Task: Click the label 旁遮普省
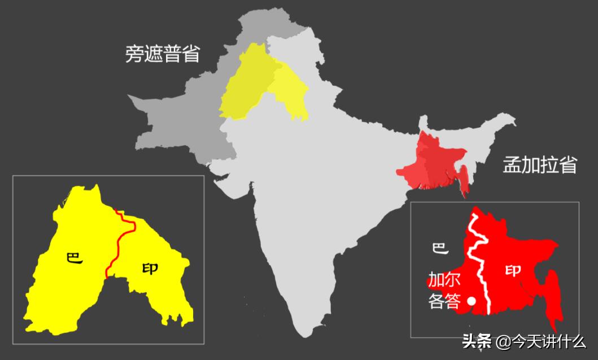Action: coord(163,54)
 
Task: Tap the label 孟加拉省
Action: coord(540,165)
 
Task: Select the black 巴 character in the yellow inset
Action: coord(74,258)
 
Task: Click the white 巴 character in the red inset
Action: coord(439,248)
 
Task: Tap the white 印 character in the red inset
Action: coord(513,271)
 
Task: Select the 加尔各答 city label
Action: coord(444,290)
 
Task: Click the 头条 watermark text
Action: coord(477,341)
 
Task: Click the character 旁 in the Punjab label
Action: coord(134,54)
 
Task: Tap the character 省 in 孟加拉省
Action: coord(568,165)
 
